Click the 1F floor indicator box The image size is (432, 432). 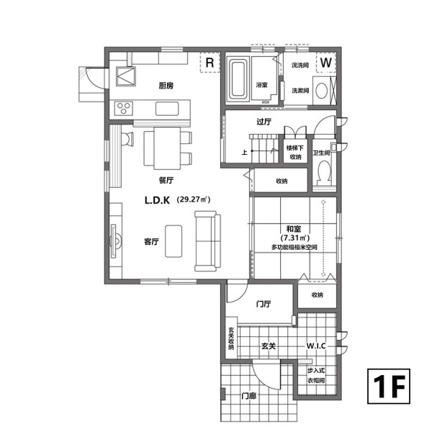(389, 386)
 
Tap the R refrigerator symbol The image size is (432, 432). (210, 63)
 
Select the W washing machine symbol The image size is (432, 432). (326, 62)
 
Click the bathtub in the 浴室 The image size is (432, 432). (238, 79)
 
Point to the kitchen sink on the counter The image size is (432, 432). (167, 109)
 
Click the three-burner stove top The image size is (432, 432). (124, 108)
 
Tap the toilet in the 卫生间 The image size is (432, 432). (324, 172)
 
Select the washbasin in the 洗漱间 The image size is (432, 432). (322, 91)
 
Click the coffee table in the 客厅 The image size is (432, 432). (174, 241)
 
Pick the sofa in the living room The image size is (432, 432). (208, 241)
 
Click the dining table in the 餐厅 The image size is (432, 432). (167, 148)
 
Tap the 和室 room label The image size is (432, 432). (294, 229)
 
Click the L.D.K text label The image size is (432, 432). (157, 200)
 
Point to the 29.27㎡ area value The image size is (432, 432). (194, 199)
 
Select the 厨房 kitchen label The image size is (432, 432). (166, 86)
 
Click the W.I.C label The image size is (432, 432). (316, 346)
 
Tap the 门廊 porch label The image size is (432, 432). (249, 396)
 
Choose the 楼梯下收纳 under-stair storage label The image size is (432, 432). (295, 153)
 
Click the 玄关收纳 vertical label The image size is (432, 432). (231, 338)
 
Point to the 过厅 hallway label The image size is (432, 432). (264, 122)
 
